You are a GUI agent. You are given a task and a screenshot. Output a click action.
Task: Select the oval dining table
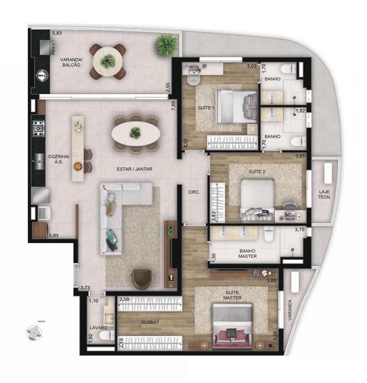pyautogui.click(x=136, y=133)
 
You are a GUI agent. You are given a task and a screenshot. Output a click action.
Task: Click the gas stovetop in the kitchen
pyautogui.click(x=39, y=129)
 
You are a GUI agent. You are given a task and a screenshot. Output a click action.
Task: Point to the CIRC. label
pyautogui.click(x=194, y=192)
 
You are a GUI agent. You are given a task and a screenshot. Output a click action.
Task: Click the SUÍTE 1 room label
pyautogui.click(x=206, y=108)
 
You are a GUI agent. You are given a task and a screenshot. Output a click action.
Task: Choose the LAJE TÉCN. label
pyautogui.click(x=324, y=194)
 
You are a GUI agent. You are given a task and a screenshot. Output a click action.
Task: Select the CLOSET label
pyautogui.click(x=150, y=322)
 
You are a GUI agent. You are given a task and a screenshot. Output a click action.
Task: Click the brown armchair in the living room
pyautogui.click(x=142, y=279)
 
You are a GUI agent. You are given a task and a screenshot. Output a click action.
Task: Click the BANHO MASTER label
pyautogui.click(x=248, y=254)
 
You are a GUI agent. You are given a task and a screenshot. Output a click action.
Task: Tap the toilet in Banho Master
pyautogui.click(x=269, y=234)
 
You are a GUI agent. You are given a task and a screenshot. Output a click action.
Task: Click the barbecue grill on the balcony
pyautogui.click(x=47, y=47)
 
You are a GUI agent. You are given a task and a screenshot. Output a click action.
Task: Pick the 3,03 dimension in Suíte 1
pyautogui.click(x=251, y=66)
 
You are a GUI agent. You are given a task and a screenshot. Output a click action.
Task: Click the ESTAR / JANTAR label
pyautogui.click(x=134, y=169)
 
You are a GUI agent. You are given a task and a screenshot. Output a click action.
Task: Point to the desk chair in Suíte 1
pyautogui.click(x=194, y=79)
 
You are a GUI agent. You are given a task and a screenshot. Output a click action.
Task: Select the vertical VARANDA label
pyautogui.click(x=290, y=310)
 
